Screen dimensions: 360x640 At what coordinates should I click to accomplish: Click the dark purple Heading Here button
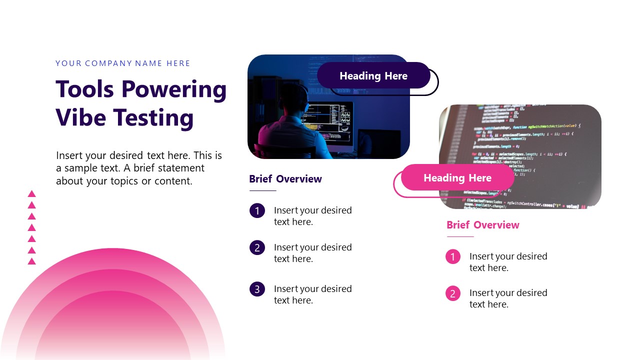[373, 76]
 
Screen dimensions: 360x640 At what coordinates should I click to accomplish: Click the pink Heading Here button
[457, 178]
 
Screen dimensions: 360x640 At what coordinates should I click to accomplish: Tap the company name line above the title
[123, 63]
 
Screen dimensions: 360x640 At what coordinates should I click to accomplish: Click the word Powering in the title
[174, 89]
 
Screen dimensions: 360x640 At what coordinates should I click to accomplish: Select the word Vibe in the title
[80, 118]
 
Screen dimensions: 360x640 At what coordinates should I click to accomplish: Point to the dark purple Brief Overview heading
[285, 179]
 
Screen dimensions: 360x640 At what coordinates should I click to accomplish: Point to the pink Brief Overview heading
[483, 225]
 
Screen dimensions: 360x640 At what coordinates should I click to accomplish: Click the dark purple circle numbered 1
[257, 211]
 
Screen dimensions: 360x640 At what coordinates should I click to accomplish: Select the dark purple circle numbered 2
[257, 247]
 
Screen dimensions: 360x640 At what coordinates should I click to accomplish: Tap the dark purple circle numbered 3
[257, 289]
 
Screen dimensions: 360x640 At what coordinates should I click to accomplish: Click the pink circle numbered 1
[452, 257]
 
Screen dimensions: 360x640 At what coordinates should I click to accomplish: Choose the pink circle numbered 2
[452, 293]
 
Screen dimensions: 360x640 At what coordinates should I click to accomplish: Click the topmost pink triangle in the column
[32, 194]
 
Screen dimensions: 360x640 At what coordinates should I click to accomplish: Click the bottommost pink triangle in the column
[32, 261]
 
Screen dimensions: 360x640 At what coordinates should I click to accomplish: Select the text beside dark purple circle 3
[312, 294]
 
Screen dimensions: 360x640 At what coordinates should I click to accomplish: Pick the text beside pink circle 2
[508, 298]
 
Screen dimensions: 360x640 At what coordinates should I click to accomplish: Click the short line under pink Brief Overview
[460, 236]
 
